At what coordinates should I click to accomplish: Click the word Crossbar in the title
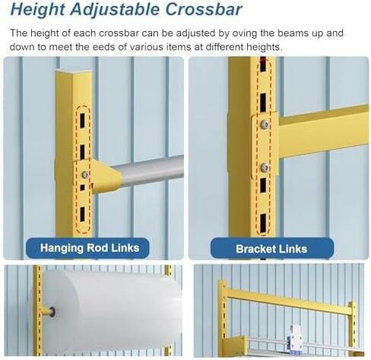204,9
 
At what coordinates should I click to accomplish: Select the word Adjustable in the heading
115,10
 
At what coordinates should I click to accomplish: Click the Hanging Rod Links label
90,248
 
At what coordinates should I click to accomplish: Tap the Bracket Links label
271,249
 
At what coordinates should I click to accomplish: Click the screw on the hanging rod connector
85,174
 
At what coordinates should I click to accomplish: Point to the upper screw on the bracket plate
265,124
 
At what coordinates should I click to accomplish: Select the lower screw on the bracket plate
265,167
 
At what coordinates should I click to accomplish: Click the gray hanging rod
150,170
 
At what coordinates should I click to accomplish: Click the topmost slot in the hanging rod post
82,121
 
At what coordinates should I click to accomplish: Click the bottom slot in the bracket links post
264,223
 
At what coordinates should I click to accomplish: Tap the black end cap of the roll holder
52,311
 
